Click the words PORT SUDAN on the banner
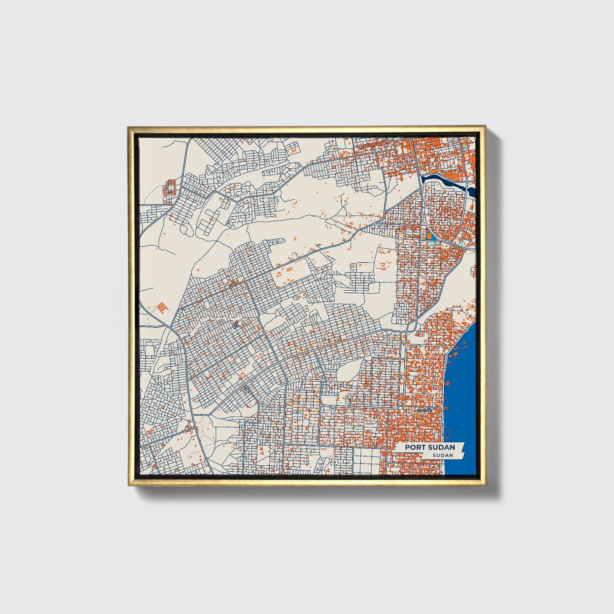[x=430, y=447]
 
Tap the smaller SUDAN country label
[x=442, y=455]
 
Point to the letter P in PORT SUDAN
[x=407, y=447]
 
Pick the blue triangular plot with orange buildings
[x=430, y=234]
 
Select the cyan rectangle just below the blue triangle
[x=432, y=242]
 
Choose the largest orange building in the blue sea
[x=456, y=354]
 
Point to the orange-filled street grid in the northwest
[x=170, y=187]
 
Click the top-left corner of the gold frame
[x=128, y=127]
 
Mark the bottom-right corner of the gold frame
[x=484, y=485]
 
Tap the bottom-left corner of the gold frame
[x=129, y=485]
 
